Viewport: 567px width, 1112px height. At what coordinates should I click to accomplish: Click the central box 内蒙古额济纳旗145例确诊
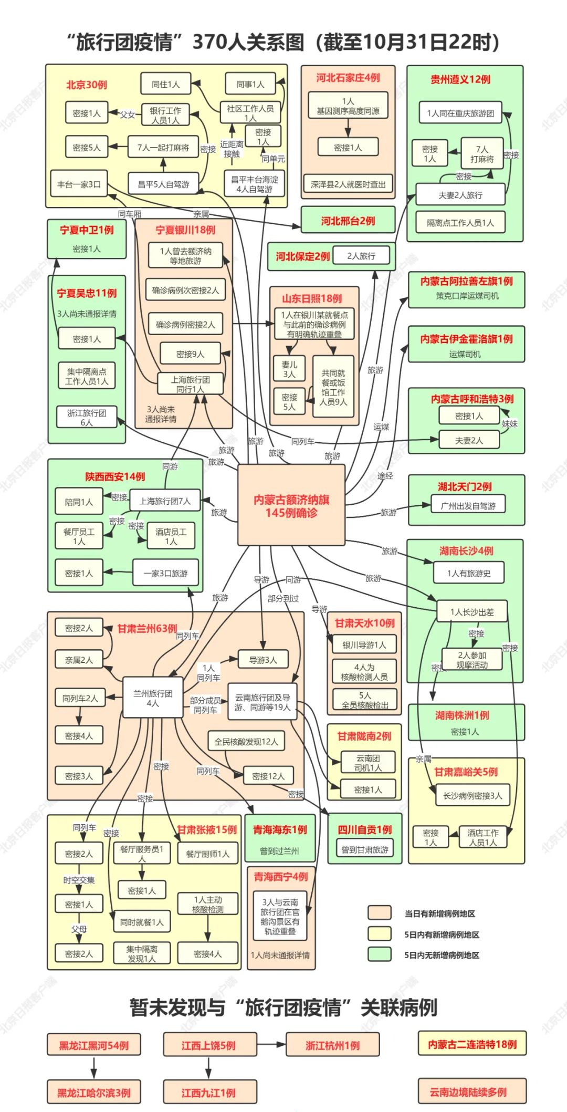pyautogui.click(x=291, y=505)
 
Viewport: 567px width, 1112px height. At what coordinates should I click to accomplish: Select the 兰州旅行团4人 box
pyautogui.click(x=152, y=698)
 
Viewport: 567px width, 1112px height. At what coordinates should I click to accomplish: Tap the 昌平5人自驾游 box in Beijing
pyautogui.click(x=163, y=184)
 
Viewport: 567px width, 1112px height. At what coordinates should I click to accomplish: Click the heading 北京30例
pyautogui.click(x=87, y=85)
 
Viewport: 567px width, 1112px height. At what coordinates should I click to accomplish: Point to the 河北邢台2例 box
pyautogui.click(x=348, y=221)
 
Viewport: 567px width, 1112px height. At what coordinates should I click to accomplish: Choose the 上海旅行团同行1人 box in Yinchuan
pyautogui.click(x=190, y=384)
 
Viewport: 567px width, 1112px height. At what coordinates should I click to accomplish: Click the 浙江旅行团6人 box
pyautogui.click(x=86, y=417)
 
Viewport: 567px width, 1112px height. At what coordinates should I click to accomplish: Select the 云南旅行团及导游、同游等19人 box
pyautogui.click(x=262, y=702)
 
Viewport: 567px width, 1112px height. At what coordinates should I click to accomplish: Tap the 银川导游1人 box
pyautogui.click(x=364, y=645)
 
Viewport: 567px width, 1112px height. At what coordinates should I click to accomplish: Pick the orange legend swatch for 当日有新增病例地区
pyautogui.click(x=379, y=913)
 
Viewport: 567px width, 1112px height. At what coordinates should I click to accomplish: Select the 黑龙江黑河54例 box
pyautogui.click(x=93, y=1045)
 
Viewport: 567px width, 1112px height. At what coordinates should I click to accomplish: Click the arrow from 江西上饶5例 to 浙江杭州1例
pyautogui.click(x=271, y=1045)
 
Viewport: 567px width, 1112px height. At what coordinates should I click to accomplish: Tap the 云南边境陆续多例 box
pyautogui.click(x=472, y=1092)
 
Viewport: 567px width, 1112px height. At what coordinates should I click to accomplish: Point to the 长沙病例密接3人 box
pyautogui.click(x=472, y=795)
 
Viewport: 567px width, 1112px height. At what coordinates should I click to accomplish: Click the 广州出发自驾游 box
pyautogui.click(x=468, y=506)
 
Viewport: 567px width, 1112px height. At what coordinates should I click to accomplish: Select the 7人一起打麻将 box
pyautogui.click(x=163, y=148)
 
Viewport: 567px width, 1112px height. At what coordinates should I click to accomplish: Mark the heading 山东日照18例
pyautogui.click(x=312, y=298)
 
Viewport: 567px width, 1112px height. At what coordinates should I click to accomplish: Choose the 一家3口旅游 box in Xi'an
pyautogui.click(x=165, y=573)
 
